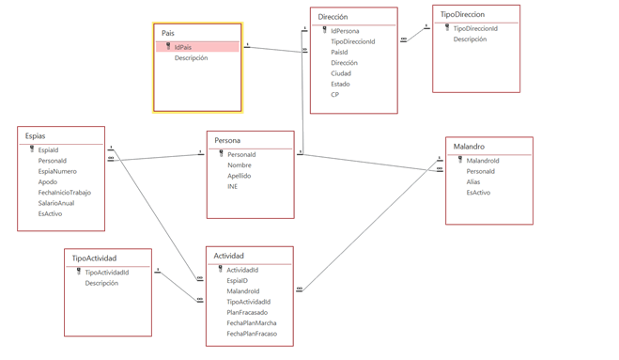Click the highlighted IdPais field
coord(183,47)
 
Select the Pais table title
coord(168,33)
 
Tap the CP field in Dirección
coord(334,94)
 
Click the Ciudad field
coord(341,73)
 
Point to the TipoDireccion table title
coord(462,15)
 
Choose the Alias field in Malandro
coord(472,181)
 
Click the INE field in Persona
coord(232,186)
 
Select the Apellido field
coord(239,176)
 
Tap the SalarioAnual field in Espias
coord(56,203)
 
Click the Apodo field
coord(47,181)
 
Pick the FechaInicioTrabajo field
coord(65,193)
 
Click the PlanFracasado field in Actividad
coord(247,312)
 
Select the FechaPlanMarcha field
coord(252,322)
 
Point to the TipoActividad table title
coord(94,258)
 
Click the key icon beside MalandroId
coord(460,160)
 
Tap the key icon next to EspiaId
coord(32,149)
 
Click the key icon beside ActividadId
coord(221,269)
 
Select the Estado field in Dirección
coord(340,84)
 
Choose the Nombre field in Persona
coord(240,165)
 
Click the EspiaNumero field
coord(57,171)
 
